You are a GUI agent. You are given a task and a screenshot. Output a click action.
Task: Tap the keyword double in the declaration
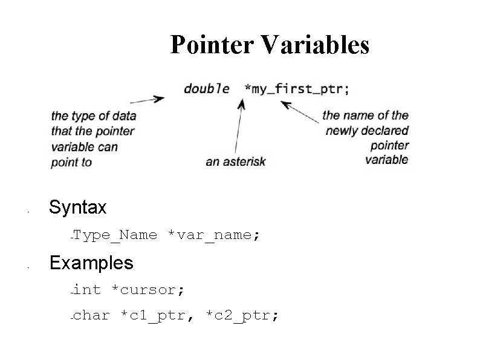pos(206,88)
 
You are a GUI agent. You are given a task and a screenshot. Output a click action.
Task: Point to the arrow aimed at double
pos(148,99)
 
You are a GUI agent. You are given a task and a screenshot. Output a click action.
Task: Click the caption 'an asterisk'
pos(236,162)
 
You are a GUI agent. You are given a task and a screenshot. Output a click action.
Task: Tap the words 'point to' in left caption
pos(71,162)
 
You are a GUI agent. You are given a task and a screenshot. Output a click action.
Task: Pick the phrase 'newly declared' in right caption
pos(366,130)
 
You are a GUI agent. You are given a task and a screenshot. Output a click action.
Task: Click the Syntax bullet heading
pos(78,208)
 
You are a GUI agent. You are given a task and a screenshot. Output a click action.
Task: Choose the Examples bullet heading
pos(91,263)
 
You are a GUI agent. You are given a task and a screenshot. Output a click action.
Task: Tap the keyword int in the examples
pos(88,290)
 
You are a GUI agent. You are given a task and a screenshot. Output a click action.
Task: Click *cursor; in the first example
pos(149,290)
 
